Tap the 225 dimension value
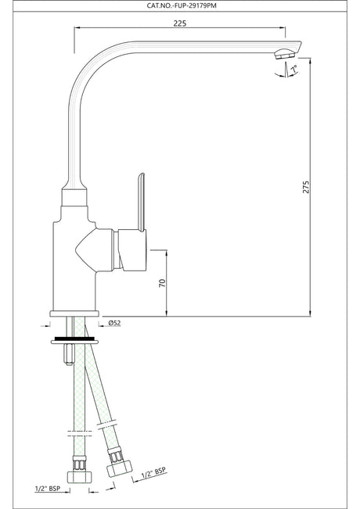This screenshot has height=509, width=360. click(x=180, y=23)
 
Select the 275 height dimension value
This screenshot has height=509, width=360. click(x=306, y=187)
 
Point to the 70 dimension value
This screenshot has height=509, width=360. click(x=162, y=283)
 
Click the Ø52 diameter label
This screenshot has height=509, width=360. click(x=114, y=323)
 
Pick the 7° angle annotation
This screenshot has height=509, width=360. click(x=294, y=69)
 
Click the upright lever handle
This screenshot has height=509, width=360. click(x=141, y=202)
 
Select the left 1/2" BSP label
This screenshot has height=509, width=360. click(x=48, y=488)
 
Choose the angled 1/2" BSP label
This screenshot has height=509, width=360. click(x=153, y=473)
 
